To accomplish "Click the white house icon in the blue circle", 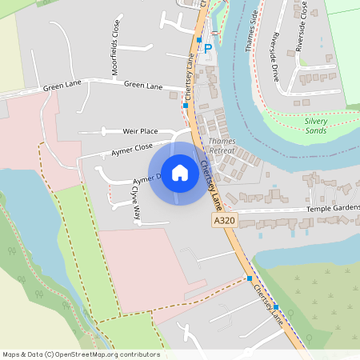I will pos(180,173).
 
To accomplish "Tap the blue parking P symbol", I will pos(208,49).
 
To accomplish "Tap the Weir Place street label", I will pos(140,130).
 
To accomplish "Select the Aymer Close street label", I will pos(133,147).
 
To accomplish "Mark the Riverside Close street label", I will pos(301,30).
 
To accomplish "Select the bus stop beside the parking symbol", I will pos(198,38).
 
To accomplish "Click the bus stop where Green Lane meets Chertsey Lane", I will pos(185,105).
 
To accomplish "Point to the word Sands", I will pos(315,130).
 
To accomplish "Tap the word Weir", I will pos(130,130).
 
